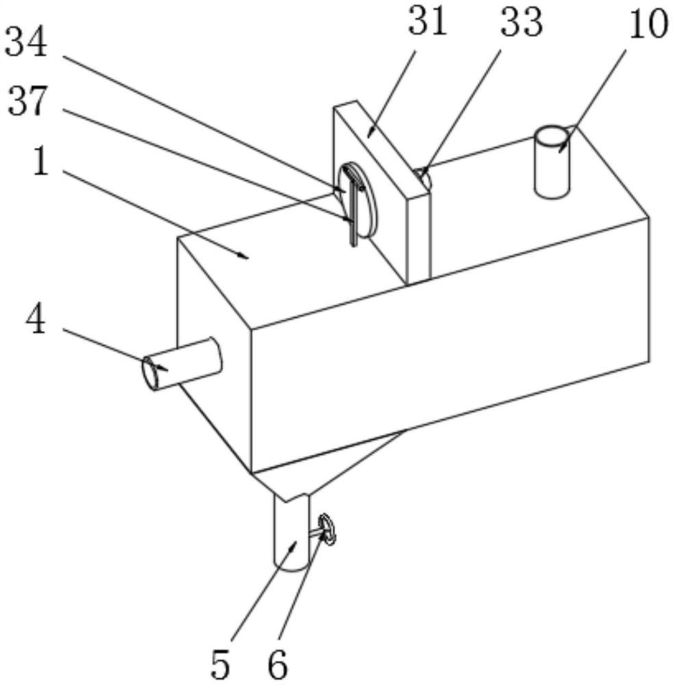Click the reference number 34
point(26,43)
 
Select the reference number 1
point(40,163)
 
